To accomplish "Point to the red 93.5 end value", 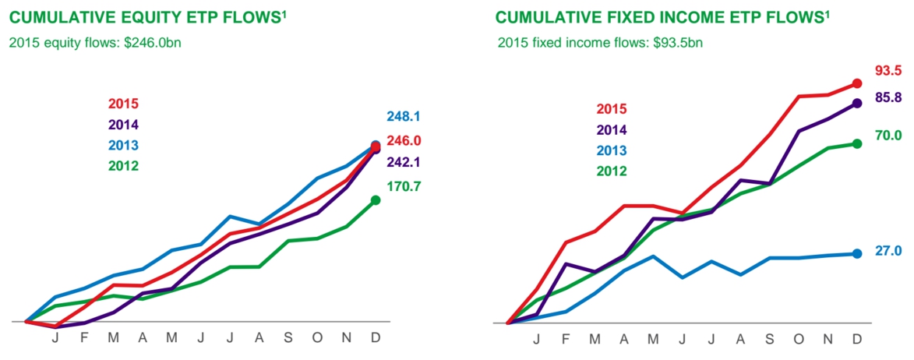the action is [888, 71].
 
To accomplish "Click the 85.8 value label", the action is [888, 98].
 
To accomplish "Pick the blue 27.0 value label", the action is [888, 251].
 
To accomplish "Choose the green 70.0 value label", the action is [888, 136].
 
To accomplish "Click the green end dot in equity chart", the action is [376, 199].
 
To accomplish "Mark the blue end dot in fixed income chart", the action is [856, 253].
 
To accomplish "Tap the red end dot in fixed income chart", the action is [856, 84].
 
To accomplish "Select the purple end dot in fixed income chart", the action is [856, 103].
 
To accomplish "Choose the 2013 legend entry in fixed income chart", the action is [611, 150].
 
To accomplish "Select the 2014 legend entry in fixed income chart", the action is [611, 129].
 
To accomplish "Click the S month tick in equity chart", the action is [288, 338].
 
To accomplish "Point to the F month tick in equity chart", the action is [84, 338].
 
